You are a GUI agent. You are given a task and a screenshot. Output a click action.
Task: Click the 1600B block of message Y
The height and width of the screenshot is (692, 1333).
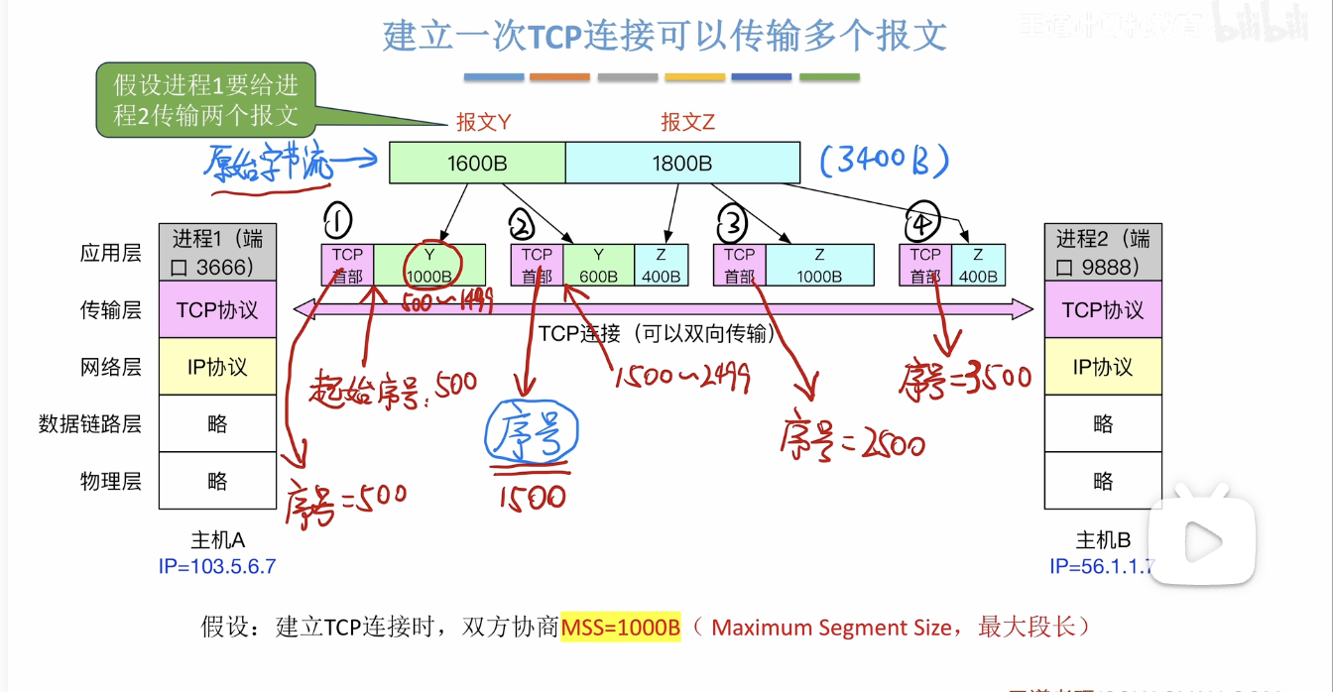pyautogui.click(x=477, y=163)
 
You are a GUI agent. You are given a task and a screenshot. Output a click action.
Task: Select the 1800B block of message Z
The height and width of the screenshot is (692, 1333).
pyautogui.click(x=682, y=163)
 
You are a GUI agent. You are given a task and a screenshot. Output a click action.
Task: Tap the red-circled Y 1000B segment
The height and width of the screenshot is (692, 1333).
pyautogui.click(x=429, y=265)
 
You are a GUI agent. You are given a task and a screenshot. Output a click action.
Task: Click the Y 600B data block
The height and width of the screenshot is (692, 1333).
pyautogui.click(x=598, y=265)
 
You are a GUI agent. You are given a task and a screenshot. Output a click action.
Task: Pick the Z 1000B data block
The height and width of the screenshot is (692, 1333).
pyautogui.click(x=819, y=265)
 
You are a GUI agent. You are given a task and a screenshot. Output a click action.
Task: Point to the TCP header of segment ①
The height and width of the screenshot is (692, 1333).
pyautogui.click(x=347, y=265)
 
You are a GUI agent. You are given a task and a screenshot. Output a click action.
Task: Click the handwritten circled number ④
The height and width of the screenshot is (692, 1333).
pyautogui.click(x=922, y=226)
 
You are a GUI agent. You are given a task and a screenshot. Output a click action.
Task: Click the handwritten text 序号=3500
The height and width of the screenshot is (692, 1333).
pyautogui.click(x=967, y=376)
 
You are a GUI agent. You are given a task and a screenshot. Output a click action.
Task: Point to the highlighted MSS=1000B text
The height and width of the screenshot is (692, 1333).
pyautogui.click(x=621, y=628)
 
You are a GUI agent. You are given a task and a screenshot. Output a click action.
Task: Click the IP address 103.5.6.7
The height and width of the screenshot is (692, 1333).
pyautogui.click(x=217, y=566)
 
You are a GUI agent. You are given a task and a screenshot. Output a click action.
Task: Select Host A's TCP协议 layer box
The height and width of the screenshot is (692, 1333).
pyautogui.click(x=217, y=309)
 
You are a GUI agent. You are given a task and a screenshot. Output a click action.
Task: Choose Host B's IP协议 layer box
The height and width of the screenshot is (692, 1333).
pyautogui.click(x=1103, y=367)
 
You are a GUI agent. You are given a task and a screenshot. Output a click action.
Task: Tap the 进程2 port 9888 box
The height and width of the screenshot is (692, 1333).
pyautogui.click(x=1103, y=252)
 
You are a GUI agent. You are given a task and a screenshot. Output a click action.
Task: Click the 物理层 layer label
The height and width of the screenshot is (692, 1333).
pyautogui.click(x=111, y=482)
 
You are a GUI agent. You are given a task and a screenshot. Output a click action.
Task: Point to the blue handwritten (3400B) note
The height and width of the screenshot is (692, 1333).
pyautogui.click(x=885, y=161)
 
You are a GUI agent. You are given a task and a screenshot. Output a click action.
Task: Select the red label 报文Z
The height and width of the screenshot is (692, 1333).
pyautogui.click(x=688, y=123)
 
